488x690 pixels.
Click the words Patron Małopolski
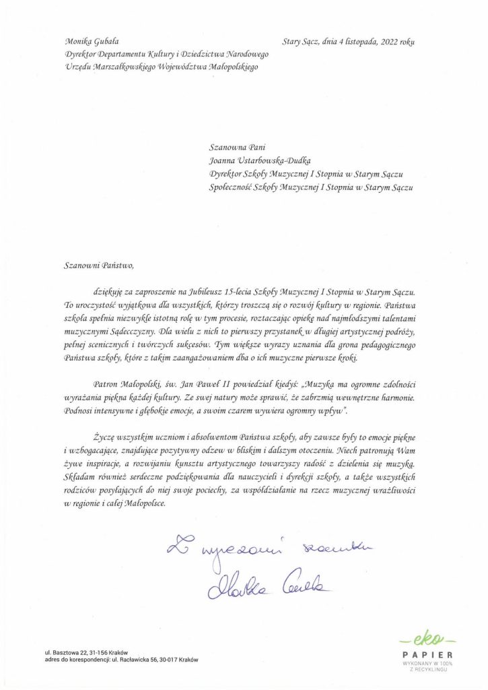120,384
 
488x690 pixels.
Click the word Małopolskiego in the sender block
229,66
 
